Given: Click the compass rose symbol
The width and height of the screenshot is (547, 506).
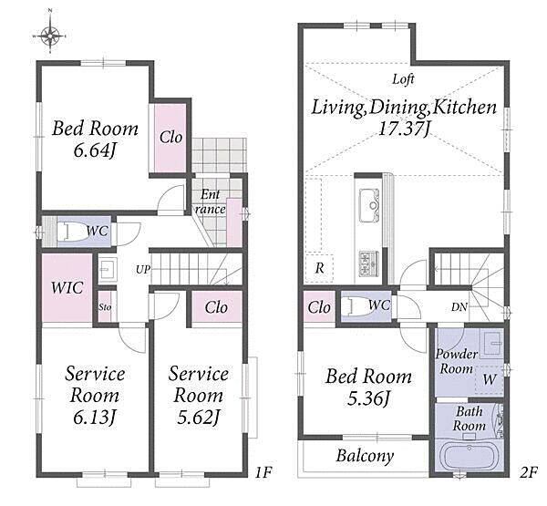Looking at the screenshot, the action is pyautogui.click(x=50, y=36).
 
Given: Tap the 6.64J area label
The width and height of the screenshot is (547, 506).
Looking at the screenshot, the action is pyautogui.click(x=94, y=151).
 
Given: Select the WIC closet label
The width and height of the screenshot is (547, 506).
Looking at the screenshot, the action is pyautogui.click(x=67, y=287).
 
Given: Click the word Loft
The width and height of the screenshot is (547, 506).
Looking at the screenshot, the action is pyautogui.click(x=403, y=79).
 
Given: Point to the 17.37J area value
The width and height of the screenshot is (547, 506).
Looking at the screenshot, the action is pyautogui.click(x=404, y=129).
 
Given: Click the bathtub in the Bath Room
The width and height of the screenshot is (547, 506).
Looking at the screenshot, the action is pyautogui.click(x=468, y=457).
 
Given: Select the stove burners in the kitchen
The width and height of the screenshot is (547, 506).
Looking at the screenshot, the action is pyautogui.click(x=369, y=263).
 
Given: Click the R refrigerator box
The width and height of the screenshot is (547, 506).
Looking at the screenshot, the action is pyautogui.click(x=319, y=268).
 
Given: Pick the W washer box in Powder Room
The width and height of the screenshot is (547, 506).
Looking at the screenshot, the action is pyautogui.click(x=489, y=379).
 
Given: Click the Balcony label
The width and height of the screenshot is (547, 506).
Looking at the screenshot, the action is pyautogui.click(x=365, y=456).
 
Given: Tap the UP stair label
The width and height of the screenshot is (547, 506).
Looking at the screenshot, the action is pyautogui.click(x=143, y=269).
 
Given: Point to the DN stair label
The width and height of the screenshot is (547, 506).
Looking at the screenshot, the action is pyautogui.click(x=459, y=307).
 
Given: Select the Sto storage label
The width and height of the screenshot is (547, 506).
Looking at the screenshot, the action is pyautogui.click(x=105, y=307).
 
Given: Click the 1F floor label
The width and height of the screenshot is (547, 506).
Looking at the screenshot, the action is pyautogui.click(x=263, y=472).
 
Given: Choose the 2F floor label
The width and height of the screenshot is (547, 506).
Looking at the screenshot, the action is pyautogui.click(x=529, y=472).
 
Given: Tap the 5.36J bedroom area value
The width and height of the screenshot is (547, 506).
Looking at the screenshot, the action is pyautogui.click(x=368, y=398).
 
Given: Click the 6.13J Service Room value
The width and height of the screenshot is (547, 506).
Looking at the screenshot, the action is pyautogui.click(x=94, y=417).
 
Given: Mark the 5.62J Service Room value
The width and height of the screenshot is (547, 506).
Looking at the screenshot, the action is pyautogui.click(x=198, y=417).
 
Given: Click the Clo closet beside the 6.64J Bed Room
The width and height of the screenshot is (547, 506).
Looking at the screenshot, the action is pyautogui.click(x=171, y=137).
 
